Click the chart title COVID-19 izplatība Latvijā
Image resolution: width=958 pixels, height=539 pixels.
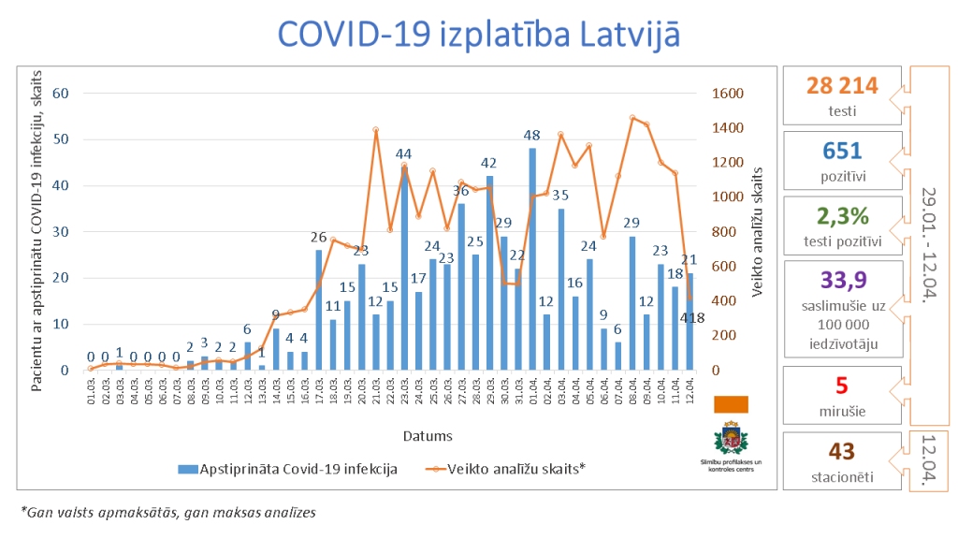pyautogui.click(x=478, y=35)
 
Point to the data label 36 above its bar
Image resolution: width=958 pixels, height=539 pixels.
pyautogui.click(x=461, y=191)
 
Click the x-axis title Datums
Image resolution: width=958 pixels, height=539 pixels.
pyautogui.click(x=428, y=435)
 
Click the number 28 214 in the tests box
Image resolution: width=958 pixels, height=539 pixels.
pyautogui.click(x=842, y=86)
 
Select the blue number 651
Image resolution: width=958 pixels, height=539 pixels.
pyautogui.click(x=842, y=150)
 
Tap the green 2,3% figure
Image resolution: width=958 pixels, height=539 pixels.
pyautogui.click(x=842, y=215)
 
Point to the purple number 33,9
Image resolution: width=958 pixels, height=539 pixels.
pyautogui.click(x=842, y=280)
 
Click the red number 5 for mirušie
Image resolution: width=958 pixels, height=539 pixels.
pyautogui.click(x=842, y=386)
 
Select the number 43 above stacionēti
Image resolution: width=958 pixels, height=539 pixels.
pyautogui.click(x=842, y=452)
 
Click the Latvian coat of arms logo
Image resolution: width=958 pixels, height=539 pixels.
pyautogui.click(x=731, y=439)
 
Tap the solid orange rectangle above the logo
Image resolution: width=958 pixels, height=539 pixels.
pyautogui.click(x=731, y=403)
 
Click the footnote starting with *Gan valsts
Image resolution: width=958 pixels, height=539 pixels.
pyautogui.click(x=168, y=512)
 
